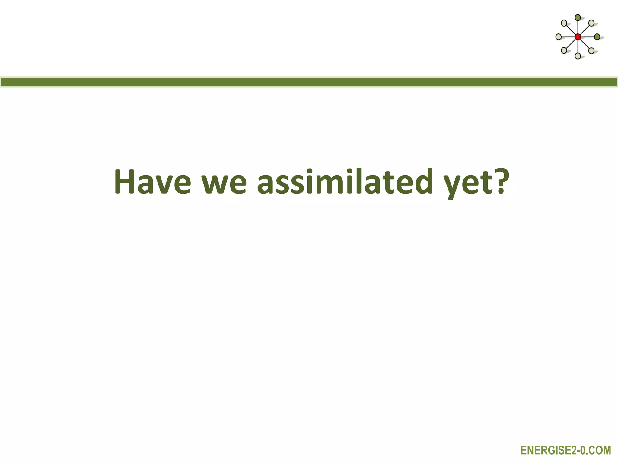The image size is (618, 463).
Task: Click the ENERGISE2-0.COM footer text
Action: pyautogui.click(x=565, y=451)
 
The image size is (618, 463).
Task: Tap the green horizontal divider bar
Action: pyautogui.click(x=309, y=82)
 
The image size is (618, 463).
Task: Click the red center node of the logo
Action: pyautogui.click(x=578, y=37)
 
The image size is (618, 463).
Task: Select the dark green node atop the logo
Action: pyautogui.click(x=578, y=18)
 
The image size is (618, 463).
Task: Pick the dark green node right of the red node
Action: pyautogui.click(x=597, y=37)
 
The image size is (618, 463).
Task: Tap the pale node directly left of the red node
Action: pyautogui.click(x=559, y=37)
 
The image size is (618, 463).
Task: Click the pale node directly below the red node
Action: pyautogui.click(x=578, y=56)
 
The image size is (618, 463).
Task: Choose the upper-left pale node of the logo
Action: pyautogui.click(x=564, y=23)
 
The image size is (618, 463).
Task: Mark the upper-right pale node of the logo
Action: pyautogui.click(x=591, y=23)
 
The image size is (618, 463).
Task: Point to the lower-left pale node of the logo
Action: pyautogui.click(x=564, y=51)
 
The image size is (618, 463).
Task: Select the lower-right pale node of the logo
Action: pyautogui.click(x=591, y=51)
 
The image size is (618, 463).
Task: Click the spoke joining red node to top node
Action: pyautogui.click(x=578, y=27)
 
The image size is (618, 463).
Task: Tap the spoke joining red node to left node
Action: pyautogui.click(x=568, y=37)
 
